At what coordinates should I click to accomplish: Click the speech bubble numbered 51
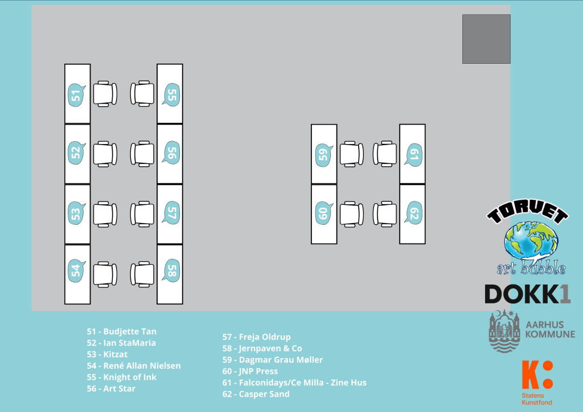tap(76, 94)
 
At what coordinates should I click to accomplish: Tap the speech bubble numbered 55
tap(171, 94)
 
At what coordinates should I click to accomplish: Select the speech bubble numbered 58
tap(171, 270)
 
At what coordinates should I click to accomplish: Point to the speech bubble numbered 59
tap(323, 155)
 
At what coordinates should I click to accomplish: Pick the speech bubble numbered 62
tap(413, 214)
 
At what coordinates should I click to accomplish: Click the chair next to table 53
tap(105, 214)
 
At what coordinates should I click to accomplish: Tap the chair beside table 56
tap(142, 154)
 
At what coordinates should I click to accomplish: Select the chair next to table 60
tap(352, 214)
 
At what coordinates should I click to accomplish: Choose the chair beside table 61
tap(385, 154)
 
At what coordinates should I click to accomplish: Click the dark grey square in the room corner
tap(486, 39)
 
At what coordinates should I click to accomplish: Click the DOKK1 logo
tap(527, 294)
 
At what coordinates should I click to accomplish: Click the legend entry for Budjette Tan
tap(121, 331)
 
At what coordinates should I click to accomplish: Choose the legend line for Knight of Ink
tap(121, 377)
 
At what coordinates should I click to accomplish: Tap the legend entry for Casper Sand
tap(256, 394)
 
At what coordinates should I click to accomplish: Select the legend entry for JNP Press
tap(250, 371)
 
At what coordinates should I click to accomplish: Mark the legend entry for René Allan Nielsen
tap(133, 365)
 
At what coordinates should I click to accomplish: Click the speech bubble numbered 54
tap(76, 270)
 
